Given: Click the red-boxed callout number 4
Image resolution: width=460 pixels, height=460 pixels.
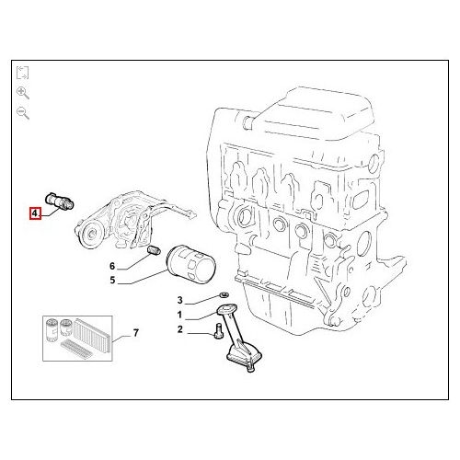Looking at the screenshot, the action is [x=35, y=213].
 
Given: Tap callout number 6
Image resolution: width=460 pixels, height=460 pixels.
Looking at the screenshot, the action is [x=112, y=266].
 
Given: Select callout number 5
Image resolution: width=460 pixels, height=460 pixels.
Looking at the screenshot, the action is [x=112, y=280].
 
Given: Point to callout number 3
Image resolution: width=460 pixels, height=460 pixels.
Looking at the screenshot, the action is [x=180, y=300].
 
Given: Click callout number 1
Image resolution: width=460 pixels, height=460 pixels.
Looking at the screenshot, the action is [x=179, y=315].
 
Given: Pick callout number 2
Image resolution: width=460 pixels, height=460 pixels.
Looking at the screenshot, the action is [x=180, y=329].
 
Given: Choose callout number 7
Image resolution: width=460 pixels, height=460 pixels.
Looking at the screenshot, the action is [x=136, y=332].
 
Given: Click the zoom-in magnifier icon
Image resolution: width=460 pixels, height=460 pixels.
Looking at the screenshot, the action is [x=23, y=93].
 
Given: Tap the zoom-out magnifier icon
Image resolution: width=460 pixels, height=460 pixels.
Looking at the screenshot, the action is [x=23, y=113].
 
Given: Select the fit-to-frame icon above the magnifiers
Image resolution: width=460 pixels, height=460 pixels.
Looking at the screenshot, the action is [x=22, y=73].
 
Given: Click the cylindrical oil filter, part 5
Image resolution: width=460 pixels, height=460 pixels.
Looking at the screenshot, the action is [x=190, y=263].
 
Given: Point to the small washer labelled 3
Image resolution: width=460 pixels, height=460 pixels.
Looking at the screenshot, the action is [x=224, y=295].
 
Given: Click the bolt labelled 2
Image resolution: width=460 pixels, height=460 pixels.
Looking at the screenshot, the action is [x=219, y=330].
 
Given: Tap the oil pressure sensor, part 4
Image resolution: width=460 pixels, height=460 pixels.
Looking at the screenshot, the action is [x=60, y=201].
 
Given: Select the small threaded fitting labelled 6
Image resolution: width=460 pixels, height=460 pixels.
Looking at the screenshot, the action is [x=154, y=250].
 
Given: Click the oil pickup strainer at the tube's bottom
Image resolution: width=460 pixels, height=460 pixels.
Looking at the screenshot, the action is [x=244, y=357].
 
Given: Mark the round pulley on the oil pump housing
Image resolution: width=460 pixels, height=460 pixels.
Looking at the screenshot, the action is [x=91, y=235].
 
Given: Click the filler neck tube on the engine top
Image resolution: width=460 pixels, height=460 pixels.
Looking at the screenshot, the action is [x=249, y=122].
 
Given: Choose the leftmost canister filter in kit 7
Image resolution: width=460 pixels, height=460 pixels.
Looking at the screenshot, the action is [x=50, y=330].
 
